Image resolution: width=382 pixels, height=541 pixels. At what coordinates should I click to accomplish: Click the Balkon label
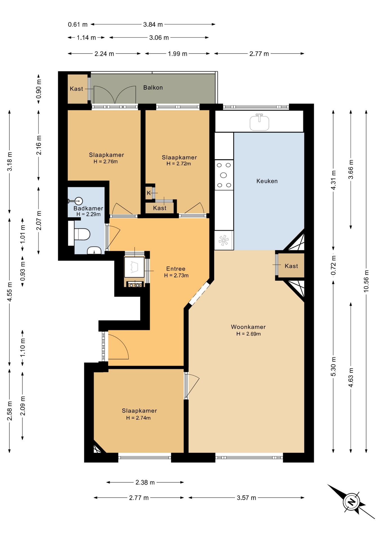(153, 88)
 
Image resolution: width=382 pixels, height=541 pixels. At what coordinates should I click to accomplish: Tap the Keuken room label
(267, 181)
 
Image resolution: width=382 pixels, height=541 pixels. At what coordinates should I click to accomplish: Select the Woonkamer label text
(248, 327)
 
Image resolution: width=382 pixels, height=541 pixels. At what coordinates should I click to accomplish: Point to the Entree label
(176, 269)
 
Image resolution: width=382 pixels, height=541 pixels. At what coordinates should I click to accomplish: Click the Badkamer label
(88, 209)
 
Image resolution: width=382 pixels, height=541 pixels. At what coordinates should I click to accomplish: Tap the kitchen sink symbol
(259, 122)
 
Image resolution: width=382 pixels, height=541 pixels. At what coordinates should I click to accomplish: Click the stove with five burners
(224, 175)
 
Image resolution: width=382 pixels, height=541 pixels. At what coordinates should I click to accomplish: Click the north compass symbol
(351, 502)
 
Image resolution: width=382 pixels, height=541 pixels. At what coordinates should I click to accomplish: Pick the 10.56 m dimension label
(366, 281)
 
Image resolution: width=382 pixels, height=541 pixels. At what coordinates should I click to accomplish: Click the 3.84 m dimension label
(153, 25)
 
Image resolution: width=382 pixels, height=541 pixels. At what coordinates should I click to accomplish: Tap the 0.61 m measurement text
(78, 25)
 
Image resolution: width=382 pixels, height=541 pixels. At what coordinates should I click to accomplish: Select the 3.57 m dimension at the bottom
(246, 498)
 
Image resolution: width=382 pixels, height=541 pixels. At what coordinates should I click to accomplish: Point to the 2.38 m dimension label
(145, 482)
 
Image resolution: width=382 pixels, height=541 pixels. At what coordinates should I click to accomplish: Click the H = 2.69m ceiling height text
(248, 334)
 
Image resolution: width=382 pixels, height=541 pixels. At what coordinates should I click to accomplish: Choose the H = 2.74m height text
(138, 418)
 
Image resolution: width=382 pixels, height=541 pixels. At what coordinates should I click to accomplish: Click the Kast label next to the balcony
(77, 89)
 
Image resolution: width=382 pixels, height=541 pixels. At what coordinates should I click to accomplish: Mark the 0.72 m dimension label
(333, 265)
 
